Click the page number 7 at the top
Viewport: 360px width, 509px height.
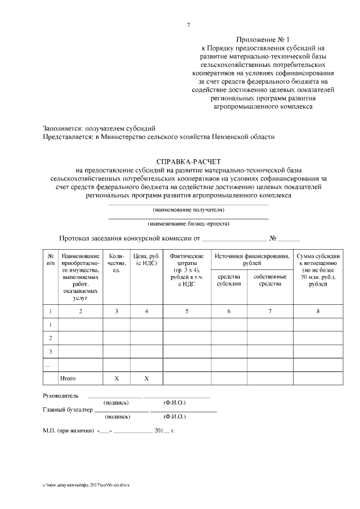click(188, 25)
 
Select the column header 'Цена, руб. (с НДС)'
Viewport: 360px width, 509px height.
click(146, 260)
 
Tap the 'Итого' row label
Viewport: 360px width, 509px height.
click(68, 379)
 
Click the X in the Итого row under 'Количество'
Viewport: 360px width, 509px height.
click(116, 379)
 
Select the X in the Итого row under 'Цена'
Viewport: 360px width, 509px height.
click(146, 379)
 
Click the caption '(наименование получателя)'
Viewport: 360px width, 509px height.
click(188, 210)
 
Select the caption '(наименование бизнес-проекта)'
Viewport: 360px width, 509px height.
click(188, 223)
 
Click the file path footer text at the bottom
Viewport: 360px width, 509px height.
click(85, 484)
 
